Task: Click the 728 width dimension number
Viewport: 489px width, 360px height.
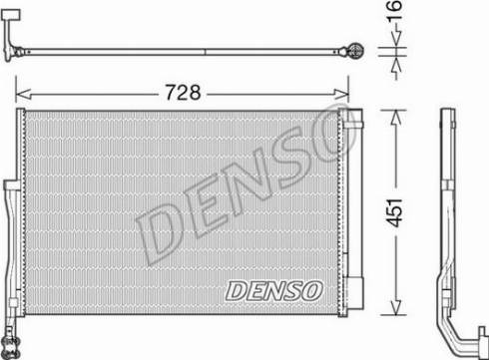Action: [183, 92]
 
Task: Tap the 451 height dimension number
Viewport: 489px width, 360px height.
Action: [395, 212]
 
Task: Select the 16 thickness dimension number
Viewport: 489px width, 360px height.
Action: [394, 11]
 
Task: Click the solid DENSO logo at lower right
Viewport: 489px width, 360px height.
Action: [274, 291]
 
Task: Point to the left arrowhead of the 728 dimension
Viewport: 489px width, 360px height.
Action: [23, 94]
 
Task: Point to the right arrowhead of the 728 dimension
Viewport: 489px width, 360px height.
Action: [341, 94]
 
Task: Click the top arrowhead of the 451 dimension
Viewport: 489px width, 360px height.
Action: [395, 118]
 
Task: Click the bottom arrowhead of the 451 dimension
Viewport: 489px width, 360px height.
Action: [395, 307]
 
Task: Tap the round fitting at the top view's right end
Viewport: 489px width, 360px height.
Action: [355, 52]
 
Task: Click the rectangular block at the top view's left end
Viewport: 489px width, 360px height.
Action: [11, 14]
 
